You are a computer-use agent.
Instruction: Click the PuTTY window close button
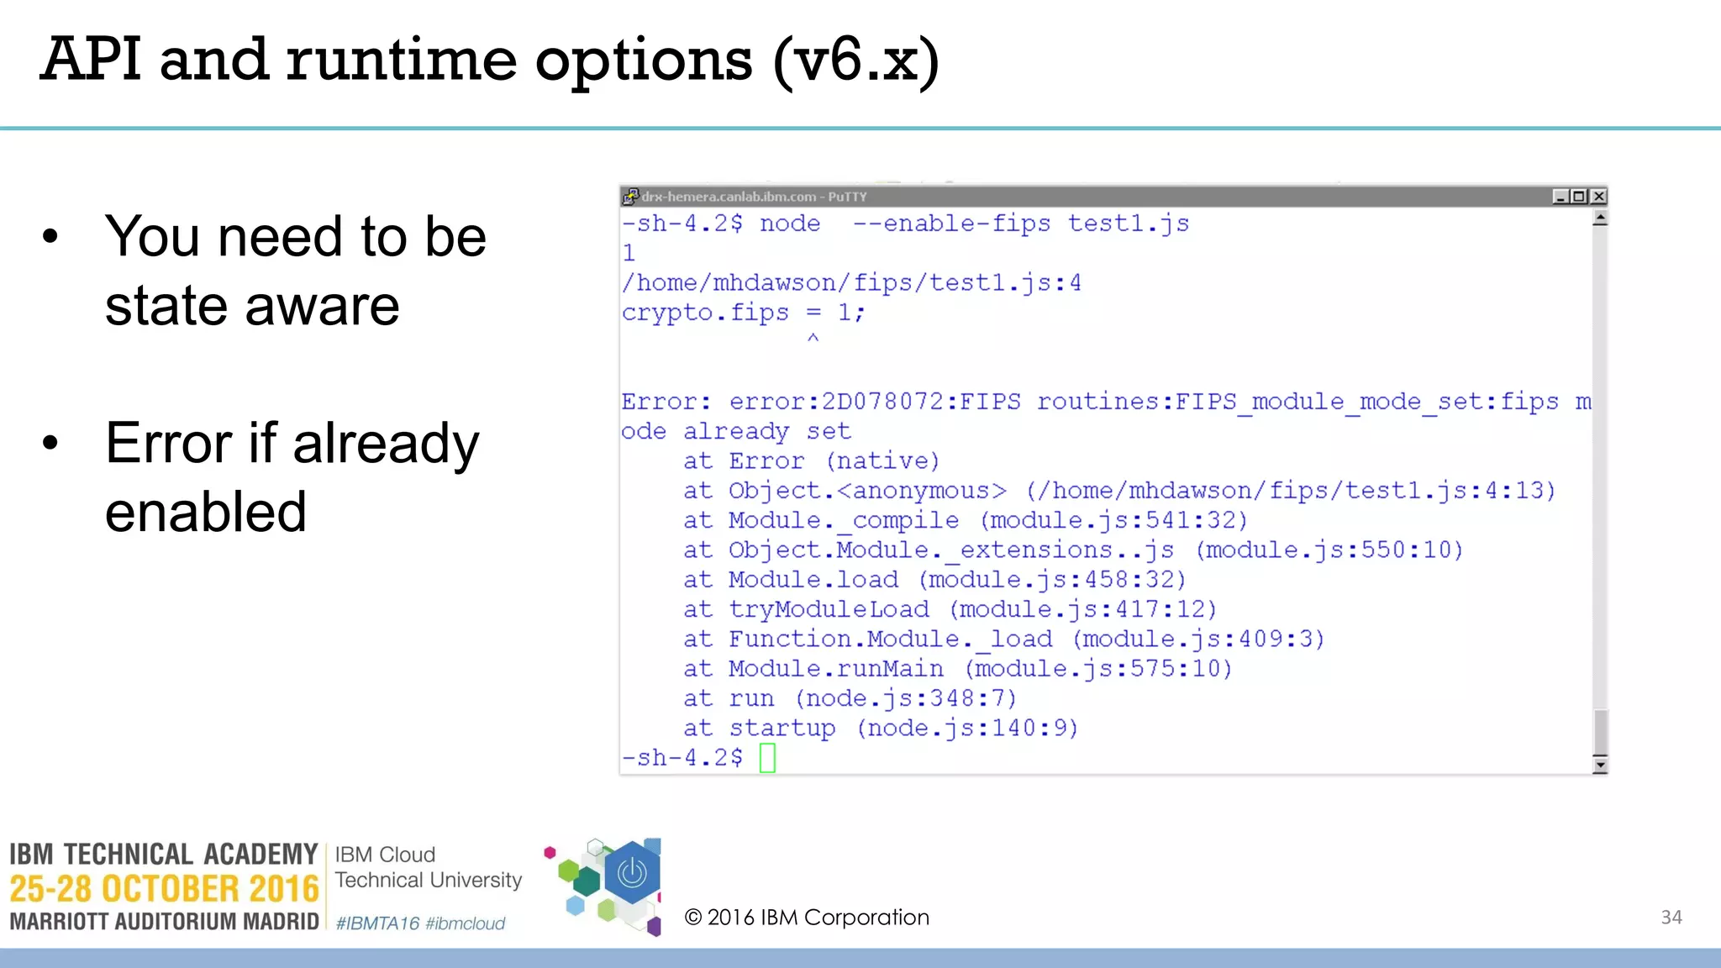(1598, 197)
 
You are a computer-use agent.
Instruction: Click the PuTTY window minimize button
(1560, 197)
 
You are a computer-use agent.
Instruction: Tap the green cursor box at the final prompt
(767, 758)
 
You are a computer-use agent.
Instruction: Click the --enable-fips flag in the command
(951, 224)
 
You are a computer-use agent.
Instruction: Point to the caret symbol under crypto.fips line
(813, 339)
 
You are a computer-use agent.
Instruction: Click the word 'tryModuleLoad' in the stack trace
(829, 609)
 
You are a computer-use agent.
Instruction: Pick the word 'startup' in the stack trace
(782, 728)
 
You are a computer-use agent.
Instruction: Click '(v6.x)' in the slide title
(855, 60)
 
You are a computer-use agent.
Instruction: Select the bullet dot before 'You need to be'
(50, 237)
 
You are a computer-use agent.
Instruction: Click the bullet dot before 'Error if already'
(50, 444)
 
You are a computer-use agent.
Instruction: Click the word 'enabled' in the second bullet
(206, 512)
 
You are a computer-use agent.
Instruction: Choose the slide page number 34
(1671, 918)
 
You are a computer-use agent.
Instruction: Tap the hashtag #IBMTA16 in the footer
(377, 923)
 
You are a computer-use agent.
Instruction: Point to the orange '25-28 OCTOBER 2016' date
(165, 889)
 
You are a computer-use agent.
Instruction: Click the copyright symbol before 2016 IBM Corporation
(693, 918)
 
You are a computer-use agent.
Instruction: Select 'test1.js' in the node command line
(1128, 224)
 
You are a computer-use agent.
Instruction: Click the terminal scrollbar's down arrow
(1600, 765)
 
